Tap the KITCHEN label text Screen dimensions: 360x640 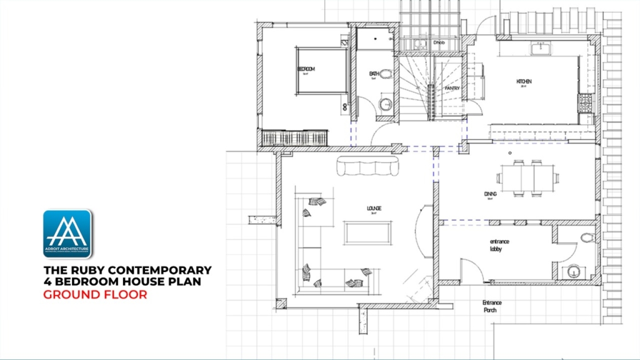524,82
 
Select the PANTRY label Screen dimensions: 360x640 452,89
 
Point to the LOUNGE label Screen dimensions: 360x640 374,208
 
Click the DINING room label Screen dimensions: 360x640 490,194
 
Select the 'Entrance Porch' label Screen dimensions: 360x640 492,306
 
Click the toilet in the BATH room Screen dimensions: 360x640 386,74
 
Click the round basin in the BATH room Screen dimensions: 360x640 386,103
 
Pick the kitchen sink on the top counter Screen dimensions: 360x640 539,47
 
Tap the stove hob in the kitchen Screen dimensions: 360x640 586,101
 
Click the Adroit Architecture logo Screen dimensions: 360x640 67,234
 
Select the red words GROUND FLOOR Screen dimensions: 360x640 95,294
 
